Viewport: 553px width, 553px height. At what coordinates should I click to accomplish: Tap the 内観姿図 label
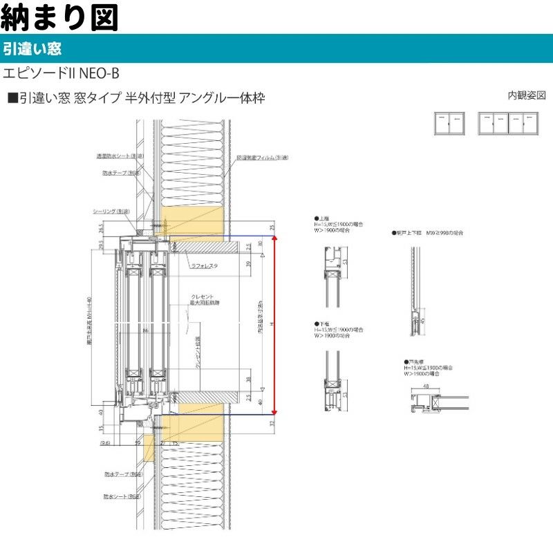click(527, 95)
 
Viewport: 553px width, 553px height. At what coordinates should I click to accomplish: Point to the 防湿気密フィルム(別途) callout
click(262, 158)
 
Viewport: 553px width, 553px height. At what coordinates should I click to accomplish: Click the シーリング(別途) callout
click(112, 212)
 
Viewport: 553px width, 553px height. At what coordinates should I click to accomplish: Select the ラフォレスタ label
click(205, 265)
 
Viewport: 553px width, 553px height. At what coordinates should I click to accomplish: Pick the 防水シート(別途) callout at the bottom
click(123, 496)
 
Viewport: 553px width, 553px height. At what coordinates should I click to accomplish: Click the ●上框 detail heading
click(321, 218)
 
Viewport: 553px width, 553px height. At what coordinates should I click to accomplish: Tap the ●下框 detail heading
click(321, 323)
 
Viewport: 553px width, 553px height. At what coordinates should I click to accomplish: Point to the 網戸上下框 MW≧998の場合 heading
click(428, 233)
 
